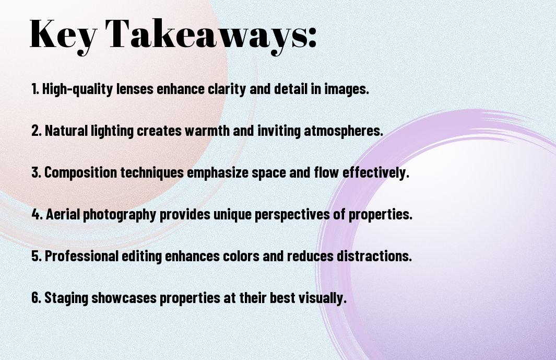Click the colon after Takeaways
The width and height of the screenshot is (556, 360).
click(x=312, y=38)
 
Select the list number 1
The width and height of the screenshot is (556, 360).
click(x=35, y=89)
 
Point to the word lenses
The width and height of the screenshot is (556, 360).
click(x=135, y=89)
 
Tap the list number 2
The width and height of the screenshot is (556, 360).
click(x=36, y=131)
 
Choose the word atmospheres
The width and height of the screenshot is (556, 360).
click(x=343, y=131)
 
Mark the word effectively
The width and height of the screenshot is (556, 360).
click(x=376, y=173)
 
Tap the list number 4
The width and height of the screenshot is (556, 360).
click(x=37, y=214)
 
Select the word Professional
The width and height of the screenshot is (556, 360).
click(x=81, y=256)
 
